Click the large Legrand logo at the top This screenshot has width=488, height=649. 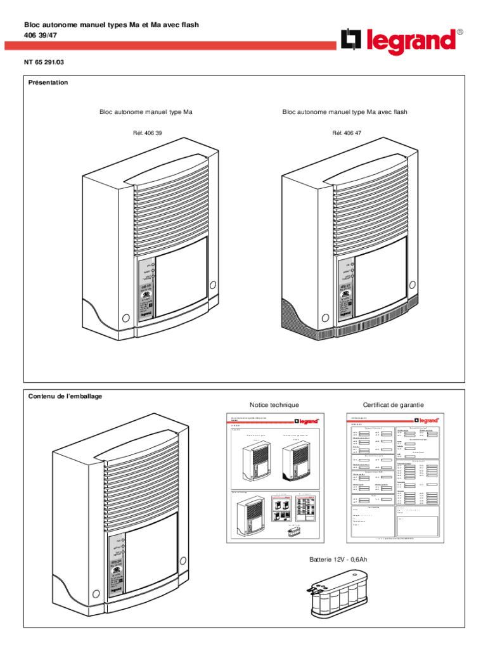click(399, 41)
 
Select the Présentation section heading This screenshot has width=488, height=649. click(48, 82)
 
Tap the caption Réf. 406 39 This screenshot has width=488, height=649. click(145, 133)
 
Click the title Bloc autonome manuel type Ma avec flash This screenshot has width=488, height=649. click(345, 112)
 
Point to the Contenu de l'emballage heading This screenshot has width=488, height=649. click(65, 396)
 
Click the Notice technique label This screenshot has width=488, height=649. click(274, 405)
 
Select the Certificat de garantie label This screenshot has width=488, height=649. click(394, 405)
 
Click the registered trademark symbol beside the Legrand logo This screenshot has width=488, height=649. click(460, 31)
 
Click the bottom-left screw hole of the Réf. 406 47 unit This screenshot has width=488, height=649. click(325, 318)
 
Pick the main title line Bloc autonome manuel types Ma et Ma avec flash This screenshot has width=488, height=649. click(112, 25)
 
